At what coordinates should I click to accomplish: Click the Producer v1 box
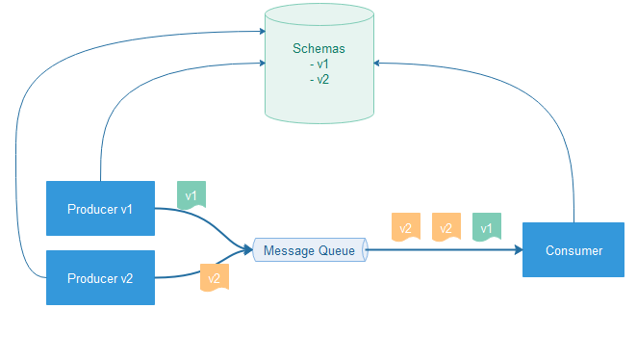coord(100,208)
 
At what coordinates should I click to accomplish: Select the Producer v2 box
coord(100,278)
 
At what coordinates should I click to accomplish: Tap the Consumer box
coord(573,250)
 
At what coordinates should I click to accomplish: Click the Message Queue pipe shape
coord(310,251)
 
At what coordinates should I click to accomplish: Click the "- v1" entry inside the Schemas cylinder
coord(319,64)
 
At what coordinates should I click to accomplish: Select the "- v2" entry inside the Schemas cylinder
coord(319,79)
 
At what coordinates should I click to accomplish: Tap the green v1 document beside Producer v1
coord(191,195)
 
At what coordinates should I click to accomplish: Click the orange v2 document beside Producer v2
coord(213,277)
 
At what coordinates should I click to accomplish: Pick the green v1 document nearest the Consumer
coord(486,227)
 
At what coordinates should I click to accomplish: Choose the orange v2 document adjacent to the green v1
coord(446,227)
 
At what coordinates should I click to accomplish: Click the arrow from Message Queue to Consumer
coord(443,250)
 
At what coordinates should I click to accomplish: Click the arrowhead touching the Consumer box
coord(518,250)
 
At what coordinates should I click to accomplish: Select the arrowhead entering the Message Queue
coord(247,250)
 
